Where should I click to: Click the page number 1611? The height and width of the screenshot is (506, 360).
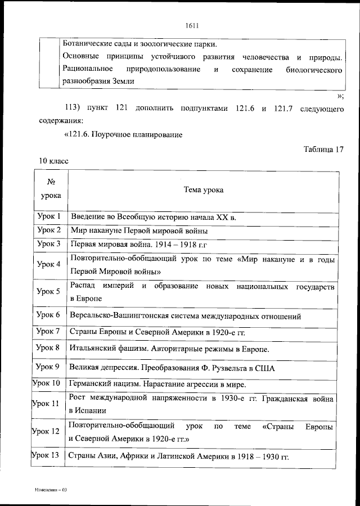(192, 25)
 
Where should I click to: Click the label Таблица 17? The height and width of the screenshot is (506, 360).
(323, 149)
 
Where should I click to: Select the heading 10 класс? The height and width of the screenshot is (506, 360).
(53, 161)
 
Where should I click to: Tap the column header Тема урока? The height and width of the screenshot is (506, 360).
(204, 189)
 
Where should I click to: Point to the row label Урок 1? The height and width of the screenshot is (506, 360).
(49, 216)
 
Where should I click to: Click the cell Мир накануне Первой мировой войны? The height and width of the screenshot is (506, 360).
(139, 231)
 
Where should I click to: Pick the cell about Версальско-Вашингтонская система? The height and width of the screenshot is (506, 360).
(185, 317)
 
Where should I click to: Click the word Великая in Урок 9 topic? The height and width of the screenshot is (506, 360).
(84, 368)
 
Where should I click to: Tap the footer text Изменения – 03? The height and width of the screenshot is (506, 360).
(51, 490)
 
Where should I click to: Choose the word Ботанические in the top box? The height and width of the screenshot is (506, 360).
(89, 44)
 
